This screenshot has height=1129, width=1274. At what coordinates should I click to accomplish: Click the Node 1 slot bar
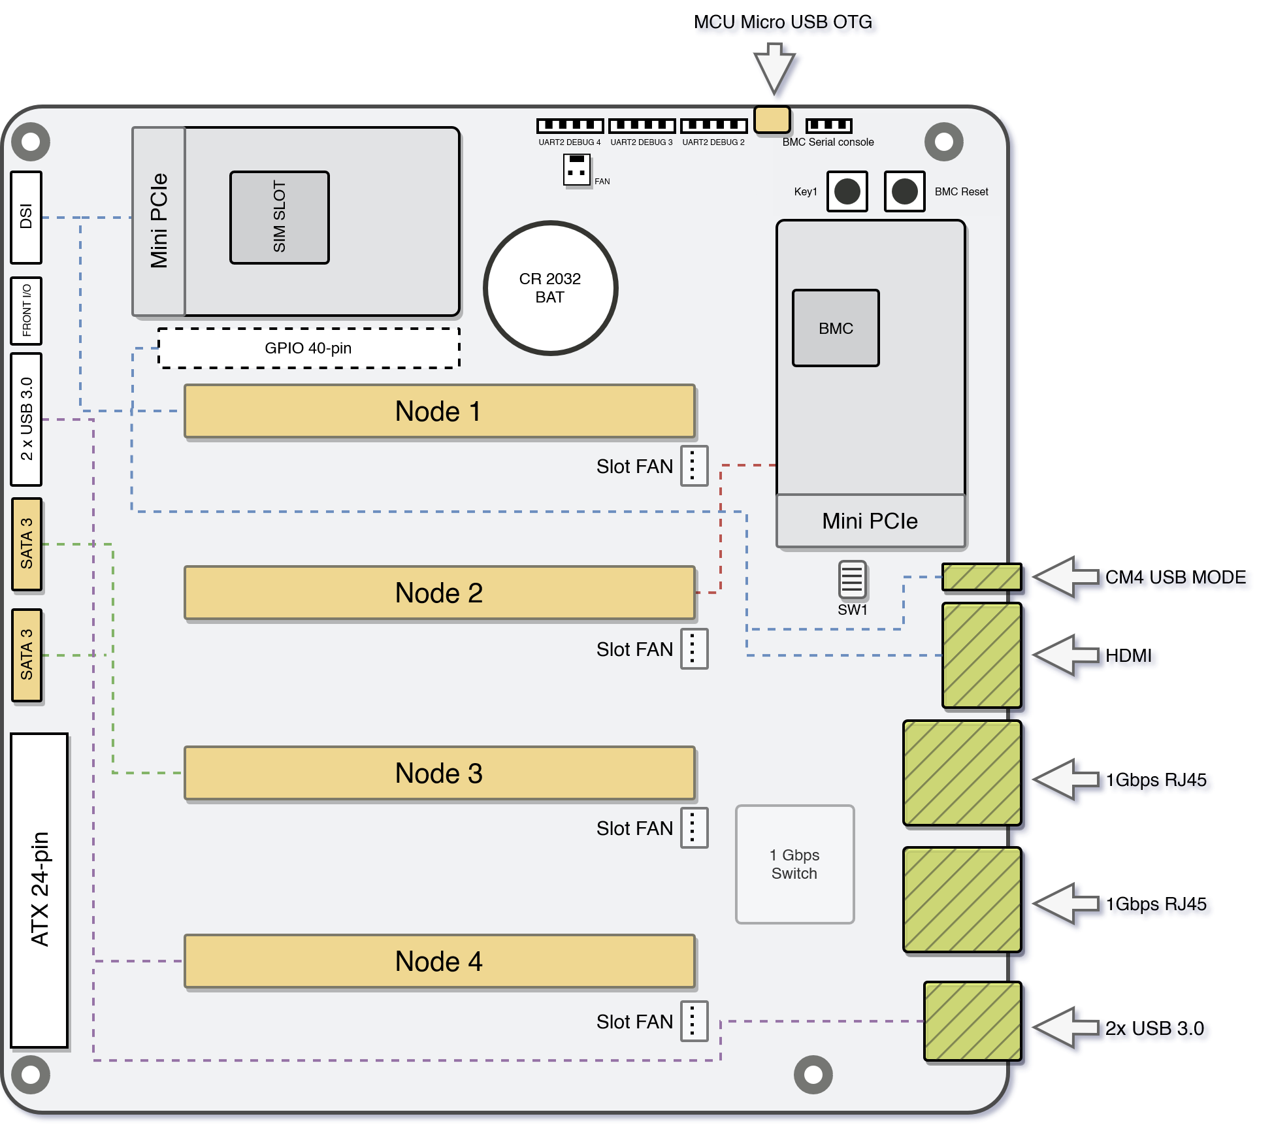(x=439, y=411)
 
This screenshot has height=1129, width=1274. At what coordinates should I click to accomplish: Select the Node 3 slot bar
(x=439, y=773)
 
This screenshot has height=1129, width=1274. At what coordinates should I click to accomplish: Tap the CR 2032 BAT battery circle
(x=550, y=288)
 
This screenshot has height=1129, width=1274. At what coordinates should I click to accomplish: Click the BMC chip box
(x=836, y=328)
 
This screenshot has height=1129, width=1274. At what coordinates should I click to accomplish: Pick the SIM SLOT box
(x=280, y=218)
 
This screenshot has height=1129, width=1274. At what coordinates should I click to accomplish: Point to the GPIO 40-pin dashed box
(x=308, y=348)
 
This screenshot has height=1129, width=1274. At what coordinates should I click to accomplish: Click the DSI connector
(x=26, y=217)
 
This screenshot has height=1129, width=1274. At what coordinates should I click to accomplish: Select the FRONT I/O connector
(x=26, y=311)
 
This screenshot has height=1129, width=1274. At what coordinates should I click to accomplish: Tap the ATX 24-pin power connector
(x=39, y=890)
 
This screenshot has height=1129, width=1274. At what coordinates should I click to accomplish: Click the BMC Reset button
(x=904, y=191)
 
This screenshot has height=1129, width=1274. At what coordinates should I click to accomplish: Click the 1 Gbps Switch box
(x=794, y=864)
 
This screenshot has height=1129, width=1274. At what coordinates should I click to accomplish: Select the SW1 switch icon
(x=852, y=580)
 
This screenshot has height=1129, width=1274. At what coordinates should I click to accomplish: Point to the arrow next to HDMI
(x=1065, y=655)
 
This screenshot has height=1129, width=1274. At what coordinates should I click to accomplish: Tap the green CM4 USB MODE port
(x=981, y=577)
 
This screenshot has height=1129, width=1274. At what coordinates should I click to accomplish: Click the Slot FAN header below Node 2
(x=694, y=649)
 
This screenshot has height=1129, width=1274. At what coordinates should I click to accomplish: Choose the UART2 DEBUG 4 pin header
(x=570, y=125)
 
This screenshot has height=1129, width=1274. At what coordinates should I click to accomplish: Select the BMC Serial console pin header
(x=828, y=125)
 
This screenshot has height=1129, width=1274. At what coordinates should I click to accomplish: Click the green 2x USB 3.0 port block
(x=972, y=1021)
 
